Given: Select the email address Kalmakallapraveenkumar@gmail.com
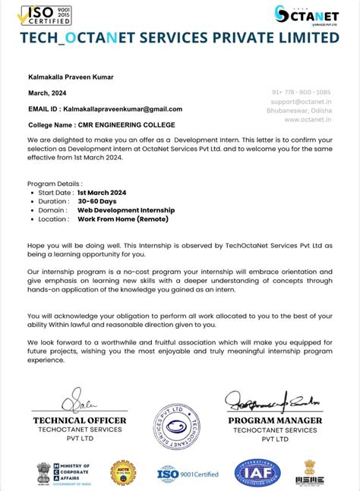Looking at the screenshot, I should [x=122, y=109].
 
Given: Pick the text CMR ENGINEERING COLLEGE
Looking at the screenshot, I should [x=126, y=124].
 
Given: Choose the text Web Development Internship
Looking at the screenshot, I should [x=125, y=210].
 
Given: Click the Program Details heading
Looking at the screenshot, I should [x=54, y=184].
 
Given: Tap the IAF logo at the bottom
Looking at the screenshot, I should [x=257, y=473].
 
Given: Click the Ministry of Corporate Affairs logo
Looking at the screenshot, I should [x=64, y=474].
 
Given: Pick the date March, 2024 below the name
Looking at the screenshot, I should [x=48, y=93].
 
